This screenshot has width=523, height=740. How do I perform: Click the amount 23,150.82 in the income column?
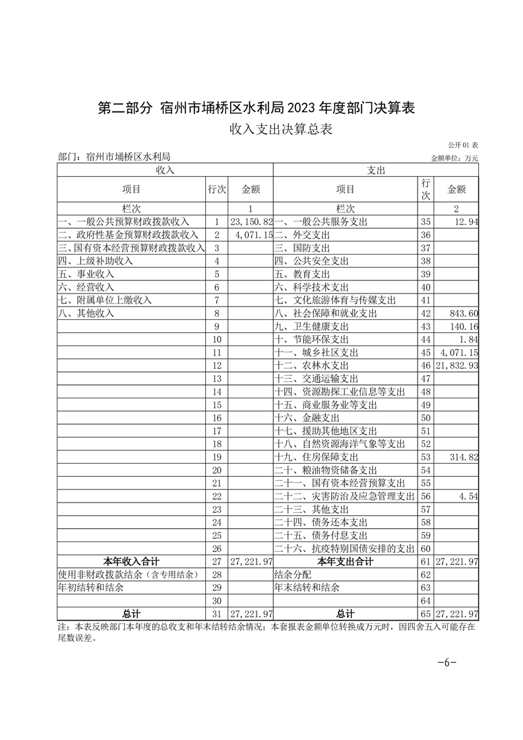point(251,222)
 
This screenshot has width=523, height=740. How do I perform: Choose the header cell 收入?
point(164,170)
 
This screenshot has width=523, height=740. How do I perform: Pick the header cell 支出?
point(376,170)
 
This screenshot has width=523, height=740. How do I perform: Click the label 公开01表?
point(463,145)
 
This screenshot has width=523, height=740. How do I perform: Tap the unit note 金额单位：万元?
point(454,158)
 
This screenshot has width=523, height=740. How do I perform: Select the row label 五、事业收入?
point(86,274)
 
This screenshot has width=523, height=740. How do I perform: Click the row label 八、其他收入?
point(86,313)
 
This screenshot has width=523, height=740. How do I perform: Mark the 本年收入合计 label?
point(131,562)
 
